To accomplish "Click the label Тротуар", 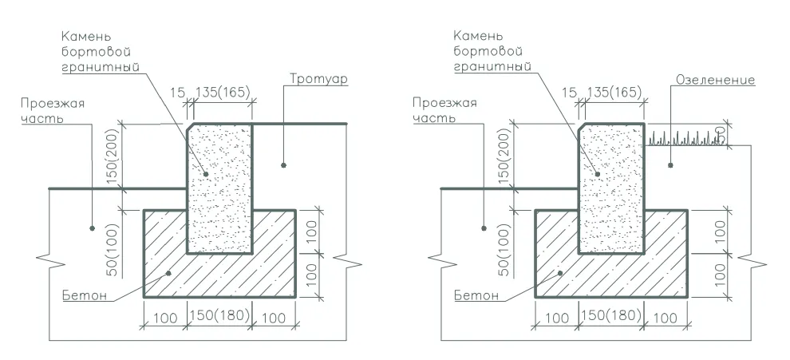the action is click(x=319, y=80).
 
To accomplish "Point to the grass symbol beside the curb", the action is click(x=685, y=137).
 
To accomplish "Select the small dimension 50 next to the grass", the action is click(x=722, y=133).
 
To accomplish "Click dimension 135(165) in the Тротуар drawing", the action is click(x=222, y=93).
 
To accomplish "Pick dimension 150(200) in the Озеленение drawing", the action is click(x=504, y=156).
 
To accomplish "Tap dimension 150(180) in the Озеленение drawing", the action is click(x=611, y=315).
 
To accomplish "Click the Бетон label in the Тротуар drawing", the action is click(x=85, y=295).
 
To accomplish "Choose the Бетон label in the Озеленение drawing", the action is click(x=476, y=295).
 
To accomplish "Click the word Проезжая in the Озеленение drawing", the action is click(x=444, y=103).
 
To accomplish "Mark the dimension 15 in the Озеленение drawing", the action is click(x=568, y=93).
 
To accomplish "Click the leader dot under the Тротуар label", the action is click(x=283, y=165).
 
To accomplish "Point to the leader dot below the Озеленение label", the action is click(x=670, y=165).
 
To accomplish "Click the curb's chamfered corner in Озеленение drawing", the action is click(x=582, y=127).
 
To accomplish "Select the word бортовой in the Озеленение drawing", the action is click(x=488, y=51).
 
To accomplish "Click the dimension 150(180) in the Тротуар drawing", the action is click(x=219, y=315).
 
